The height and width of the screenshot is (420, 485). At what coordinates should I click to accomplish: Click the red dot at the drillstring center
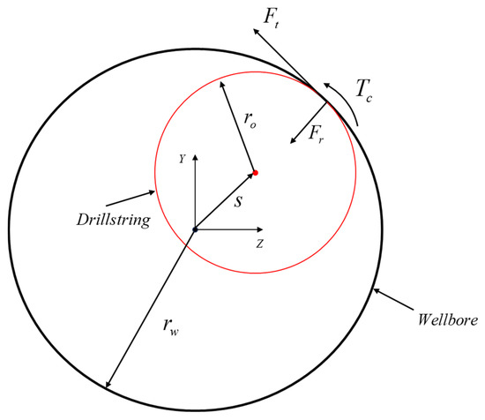[255, 173]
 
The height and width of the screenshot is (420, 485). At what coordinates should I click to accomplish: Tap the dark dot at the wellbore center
[195, 229]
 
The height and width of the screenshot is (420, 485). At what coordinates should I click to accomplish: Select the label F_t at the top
[272, 19]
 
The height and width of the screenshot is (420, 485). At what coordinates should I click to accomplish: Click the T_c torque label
[363, 90]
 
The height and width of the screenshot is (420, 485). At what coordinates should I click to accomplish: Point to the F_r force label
[316, 135]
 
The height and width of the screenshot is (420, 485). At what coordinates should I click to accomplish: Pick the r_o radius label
[250, 120]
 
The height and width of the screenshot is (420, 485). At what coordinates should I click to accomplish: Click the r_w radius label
[171, 326]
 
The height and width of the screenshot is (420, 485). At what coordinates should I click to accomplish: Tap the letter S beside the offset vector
[238, 202]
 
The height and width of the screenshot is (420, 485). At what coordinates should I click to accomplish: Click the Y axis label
[183, 159]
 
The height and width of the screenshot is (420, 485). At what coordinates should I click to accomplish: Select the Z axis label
[259, 244]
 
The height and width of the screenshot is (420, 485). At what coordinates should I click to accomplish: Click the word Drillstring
[114, 220]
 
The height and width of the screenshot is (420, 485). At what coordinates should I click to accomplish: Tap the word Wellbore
[448, 319]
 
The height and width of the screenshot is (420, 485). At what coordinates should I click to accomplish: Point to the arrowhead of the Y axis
[195, 156]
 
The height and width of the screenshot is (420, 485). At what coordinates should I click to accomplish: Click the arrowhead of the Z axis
[260, 229]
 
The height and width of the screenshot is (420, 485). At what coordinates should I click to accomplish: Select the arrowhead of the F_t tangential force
[256, 31]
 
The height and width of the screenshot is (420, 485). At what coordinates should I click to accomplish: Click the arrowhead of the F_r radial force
[293, 140]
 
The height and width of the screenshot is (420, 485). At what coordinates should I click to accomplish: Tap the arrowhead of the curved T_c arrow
[327, 85]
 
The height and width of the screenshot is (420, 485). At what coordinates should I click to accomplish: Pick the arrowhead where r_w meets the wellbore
[108, 384]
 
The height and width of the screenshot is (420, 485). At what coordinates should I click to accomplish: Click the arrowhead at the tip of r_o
[221, 85]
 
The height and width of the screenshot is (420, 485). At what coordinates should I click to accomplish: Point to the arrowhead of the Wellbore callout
[377, 291]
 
